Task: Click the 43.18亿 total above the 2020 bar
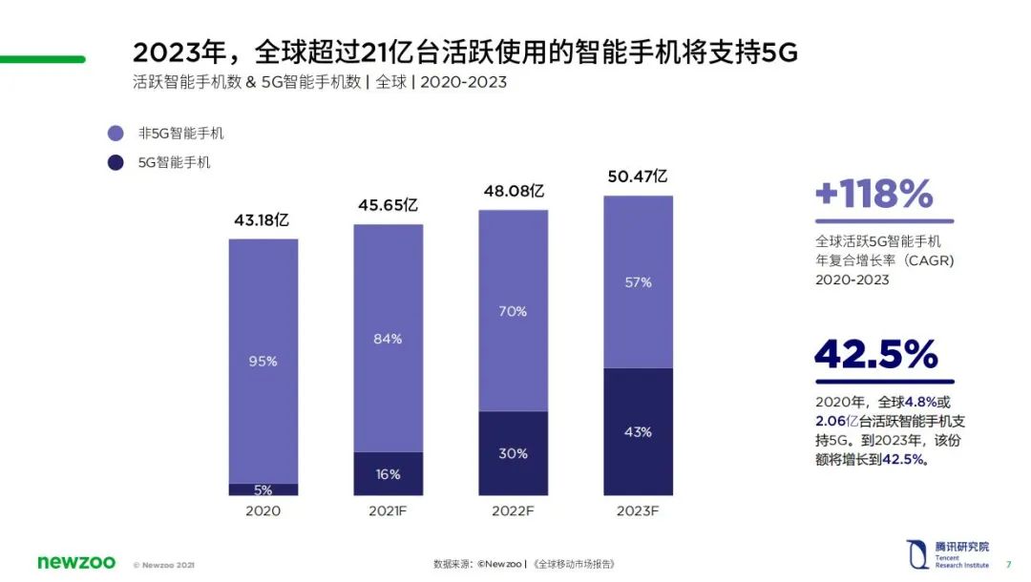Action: point(262,220)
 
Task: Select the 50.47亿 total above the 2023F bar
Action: point(637,177)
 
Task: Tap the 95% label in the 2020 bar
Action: point(263,362)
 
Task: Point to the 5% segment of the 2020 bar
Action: point(263,489)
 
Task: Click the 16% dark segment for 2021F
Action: point(389,474)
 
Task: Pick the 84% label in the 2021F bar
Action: point(389,339)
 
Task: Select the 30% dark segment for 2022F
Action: point(513,453)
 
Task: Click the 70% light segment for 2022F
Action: point(513,311)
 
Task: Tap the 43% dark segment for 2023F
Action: point(638,432)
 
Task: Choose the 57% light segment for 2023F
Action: point(638,282)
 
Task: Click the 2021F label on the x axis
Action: point(389,511)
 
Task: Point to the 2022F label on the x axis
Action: point(513,511)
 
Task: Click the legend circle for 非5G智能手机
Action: point(116,134)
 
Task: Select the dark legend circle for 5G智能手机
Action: point(116,162)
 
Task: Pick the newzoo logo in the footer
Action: point(75,562)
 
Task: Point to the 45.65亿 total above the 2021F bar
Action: point(388,205)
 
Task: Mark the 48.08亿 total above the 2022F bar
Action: point(514,191)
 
